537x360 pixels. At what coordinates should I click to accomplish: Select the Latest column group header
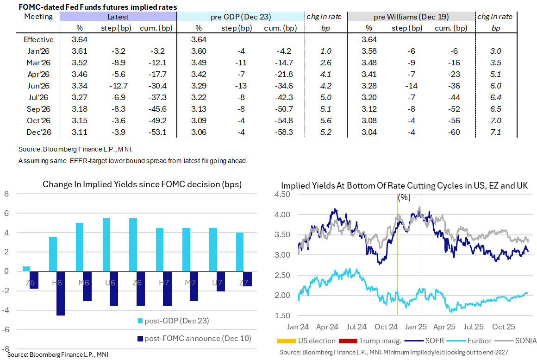tap(118, 17)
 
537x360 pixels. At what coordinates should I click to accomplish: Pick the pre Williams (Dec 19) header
tap(411, 17)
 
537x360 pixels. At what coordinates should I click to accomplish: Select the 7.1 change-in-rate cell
tap(496, 132)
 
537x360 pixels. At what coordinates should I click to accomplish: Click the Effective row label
tap(39, 40)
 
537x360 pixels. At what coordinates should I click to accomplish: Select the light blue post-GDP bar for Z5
tap(27, 269)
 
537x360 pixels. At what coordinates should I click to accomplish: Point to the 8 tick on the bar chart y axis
tap(6, 194)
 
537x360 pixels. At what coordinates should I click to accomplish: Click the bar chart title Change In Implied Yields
tap(142, 184)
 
